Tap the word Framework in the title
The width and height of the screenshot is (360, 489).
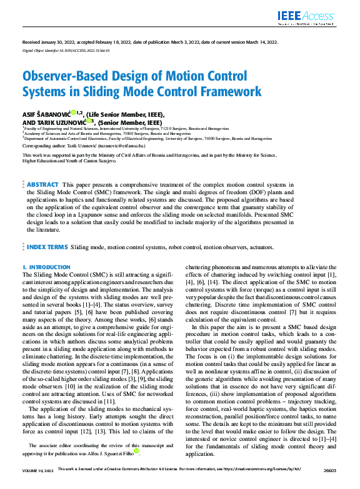click(227, 92)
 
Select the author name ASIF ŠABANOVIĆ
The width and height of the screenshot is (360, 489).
click(46, 114)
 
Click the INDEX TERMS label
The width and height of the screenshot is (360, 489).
click(46, 247)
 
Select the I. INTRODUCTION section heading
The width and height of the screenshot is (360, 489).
click(46, 267)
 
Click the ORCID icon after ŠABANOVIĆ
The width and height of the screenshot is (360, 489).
click(73, 113)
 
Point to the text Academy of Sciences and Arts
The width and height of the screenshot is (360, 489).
click(55, 133)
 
